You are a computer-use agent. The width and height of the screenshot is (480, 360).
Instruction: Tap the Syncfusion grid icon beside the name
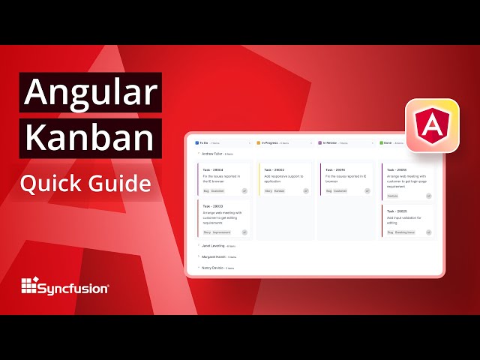(x=29, y=286)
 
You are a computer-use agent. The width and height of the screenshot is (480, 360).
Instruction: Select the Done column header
(x=391, y=142)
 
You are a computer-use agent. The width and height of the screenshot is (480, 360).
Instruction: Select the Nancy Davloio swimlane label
(x=214, y=267)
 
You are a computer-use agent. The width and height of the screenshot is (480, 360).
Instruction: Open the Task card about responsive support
(x=284, y=180)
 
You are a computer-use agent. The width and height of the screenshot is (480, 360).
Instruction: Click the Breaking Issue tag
(x=405, y=232)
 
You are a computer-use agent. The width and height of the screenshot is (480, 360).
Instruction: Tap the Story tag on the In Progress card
(x=268, y=191)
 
